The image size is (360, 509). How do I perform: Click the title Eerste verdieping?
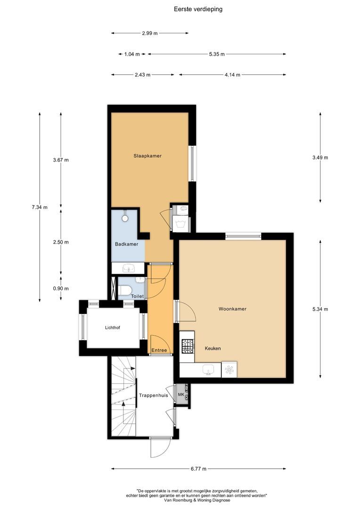[x=198, y=9]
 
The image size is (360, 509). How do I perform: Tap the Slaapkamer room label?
[x=147, y=156]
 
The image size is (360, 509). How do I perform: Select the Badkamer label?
[x=127, y=244]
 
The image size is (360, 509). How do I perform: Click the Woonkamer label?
[x=232, y=309]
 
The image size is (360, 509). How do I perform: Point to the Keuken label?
[x=213, y=348]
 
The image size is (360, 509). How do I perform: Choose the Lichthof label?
[x=112, y=328]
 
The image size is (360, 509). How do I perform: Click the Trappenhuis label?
[x=154, y=395]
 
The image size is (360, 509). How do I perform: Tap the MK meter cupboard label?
[x=181, y=395]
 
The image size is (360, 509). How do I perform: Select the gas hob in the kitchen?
[x=188, y=346]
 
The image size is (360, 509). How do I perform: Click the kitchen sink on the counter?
[x=208, y=369]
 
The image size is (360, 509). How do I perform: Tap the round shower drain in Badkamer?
[x=125, y=218]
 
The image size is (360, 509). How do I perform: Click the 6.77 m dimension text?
[x=199, y=469]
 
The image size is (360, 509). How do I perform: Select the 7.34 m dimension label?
[x=40, y=207]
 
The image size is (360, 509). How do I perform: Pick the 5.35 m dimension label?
[x=217, y=54]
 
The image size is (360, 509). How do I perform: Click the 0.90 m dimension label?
[x=61, y=288]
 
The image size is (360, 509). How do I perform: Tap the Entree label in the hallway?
[x=159, y=350]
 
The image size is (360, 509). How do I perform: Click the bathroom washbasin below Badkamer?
[x=129, y=268]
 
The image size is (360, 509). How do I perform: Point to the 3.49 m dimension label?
[x=320, y=158]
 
